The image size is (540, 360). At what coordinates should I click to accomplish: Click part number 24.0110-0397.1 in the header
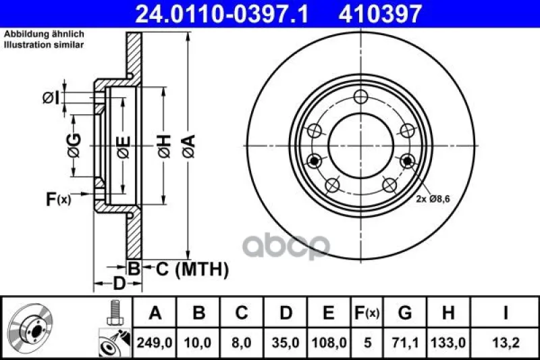(222, 14)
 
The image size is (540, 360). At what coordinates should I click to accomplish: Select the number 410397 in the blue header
(380, 14)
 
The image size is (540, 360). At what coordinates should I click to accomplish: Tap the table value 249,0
(155, 342)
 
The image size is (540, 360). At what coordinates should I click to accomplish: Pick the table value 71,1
(405, 342)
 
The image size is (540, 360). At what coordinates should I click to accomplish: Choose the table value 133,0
(448, 342)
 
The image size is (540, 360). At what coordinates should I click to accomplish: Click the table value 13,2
(506, 342)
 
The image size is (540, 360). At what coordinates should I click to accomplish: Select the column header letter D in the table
(286, 313)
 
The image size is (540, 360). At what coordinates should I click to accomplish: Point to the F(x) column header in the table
(367, 313)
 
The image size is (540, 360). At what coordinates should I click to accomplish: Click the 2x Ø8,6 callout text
(433, 199)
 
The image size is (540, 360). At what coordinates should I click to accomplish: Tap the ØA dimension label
(189, 146)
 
